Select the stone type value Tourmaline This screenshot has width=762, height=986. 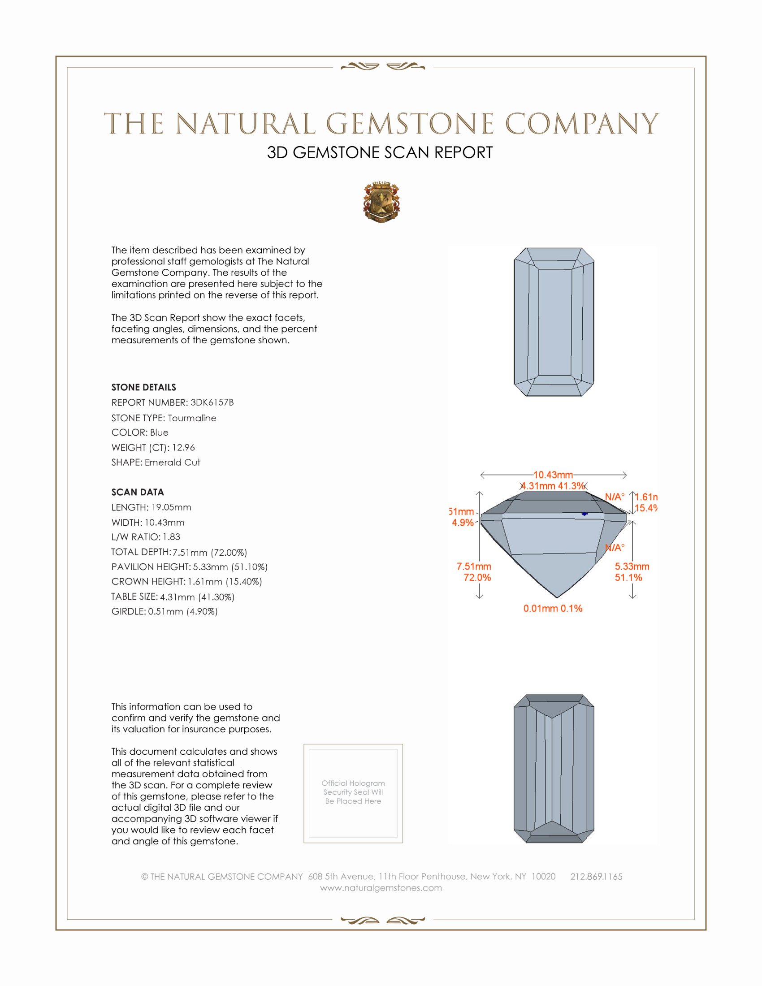pos(192,418)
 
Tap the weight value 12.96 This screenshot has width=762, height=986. pos(183,447)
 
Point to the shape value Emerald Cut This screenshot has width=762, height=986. pos(173,463)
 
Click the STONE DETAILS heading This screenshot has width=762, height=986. pos(143,387)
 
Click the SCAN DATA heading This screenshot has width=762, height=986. pos(138,492)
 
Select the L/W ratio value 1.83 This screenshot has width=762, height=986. pos(172,537)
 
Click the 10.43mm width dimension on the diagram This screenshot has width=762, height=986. pos(553,475)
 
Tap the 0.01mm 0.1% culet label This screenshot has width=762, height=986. pos(553,609)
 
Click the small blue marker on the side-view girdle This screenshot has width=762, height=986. pos(584,514)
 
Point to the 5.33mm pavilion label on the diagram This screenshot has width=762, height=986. pos(632,566)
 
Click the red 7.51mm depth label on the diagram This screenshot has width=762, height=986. pos(474,566)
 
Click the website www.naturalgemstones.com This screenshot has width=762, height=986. pos(381,888)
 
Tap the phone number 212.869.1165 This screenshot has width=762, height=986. pos(596,877)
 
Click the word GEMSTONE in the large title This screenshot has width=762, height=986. pos(410,124)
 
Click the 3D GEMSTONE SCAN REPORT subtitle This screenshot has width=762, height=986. pos(380,152)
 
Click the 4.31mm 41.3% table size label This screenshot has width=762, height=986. pos(553,486)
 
